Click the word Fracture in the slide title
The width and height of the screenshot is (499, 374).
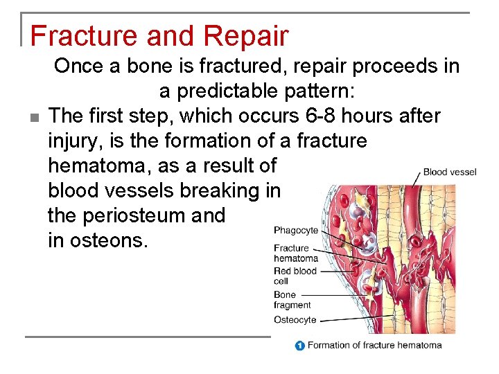click(x=74, y=35)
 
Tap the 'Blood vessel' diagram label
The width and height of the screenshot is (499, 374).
click(x=450, y=172)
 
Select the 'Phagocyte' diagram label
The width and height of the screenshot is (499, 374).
click(x=296, y=231)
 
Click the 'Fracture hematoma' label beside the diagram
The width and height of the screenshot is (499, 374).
click(x=295, y=253)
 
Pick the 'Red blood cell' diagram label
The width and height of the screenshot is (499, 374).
click(x=295, y=276)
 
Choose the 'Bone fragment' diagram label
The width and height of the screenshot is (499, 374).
click(x=292, y=299)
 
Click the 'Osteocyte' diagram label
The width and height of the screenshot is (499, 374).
click(x=295, y=319)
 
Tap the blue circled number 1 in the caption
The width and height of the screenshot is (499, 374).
click(x=299, y=345)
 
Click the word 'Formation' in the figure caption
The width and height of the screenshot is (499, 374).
click(x=329, y=345)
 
